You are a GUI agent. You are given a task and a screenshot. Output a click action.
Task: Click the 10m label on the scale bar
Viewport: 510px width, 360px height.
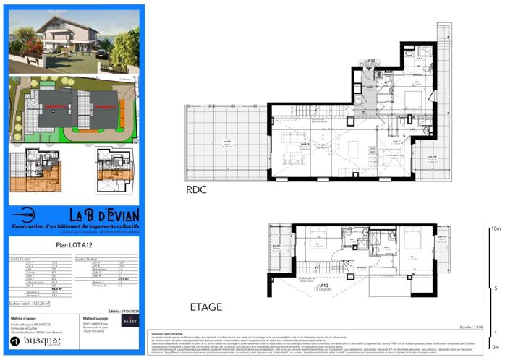tap(496, 228)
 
